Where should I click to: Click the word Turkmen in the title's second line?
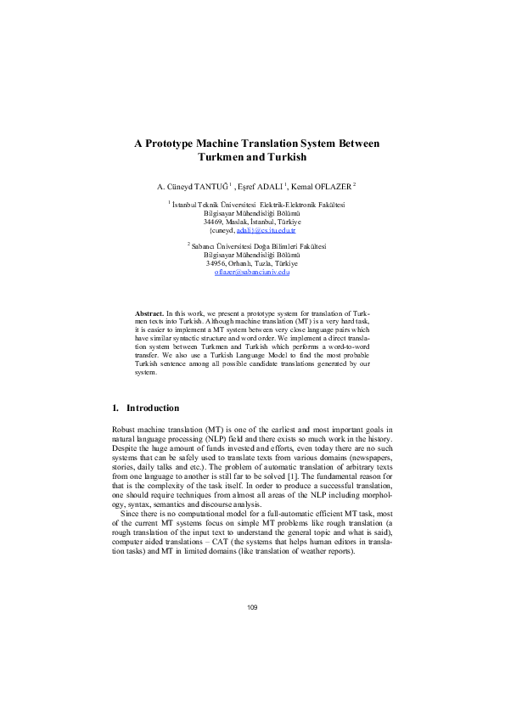[223, 158]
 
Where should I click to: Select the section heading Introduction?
[153, 408]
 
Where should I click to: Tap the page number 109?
[252, 607]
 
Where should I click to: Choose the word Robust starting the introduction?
[125, 433]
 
